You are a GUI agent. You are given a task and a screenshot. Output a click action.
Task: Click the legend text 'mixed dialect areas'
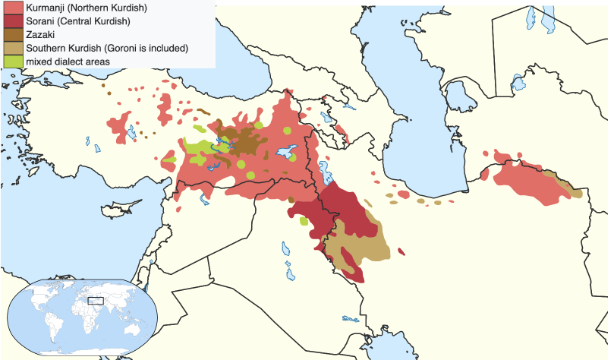pyautogui.click(x=68, y=62)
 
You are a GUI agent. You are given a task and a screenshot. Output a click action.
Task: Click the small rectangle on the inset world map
pyautogui.click(x=96, y=300)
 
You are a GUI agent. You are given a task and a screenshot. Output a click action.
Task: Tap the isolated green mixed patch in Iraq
pyautogui.click(x=304, y=222)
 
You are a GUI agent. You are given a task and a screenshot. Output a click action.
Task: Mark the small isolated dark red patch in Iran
pyautogui.click(x=401, y=252)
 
